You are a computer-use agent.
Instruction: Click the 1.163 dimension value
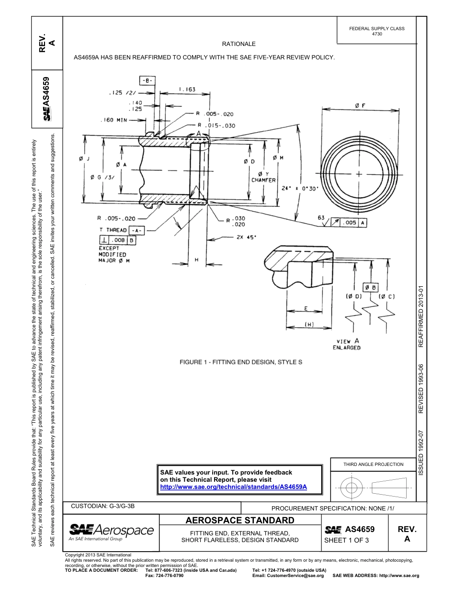[187, 90]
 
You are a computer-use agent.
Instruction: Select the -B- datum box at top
[147, 80]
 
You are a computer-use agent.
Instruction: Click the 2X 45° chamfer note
[246, 237]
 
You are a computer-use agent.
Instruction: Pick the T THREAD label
[113, 230]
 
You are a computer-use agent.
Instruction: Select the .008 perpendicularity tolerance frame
[118, 240]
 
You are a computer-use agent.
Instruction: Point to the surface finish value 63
[321, 218]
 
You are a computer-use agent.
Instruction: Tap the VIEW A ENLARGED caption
[346, 344]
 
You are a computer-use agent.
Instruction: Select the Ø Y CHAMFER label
[263, 177]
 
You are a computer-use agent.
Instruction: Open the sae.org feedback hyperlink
[233, 487]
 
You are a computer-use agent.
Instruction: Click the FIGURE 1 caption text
[241, 362]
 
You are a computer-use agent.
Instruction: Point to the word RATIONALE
[239, 44]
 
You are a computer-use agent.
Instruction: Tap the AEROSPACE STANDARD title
[239, 521]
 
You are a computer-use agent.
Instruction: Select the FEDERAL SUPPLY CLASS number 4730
[377, 34]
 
